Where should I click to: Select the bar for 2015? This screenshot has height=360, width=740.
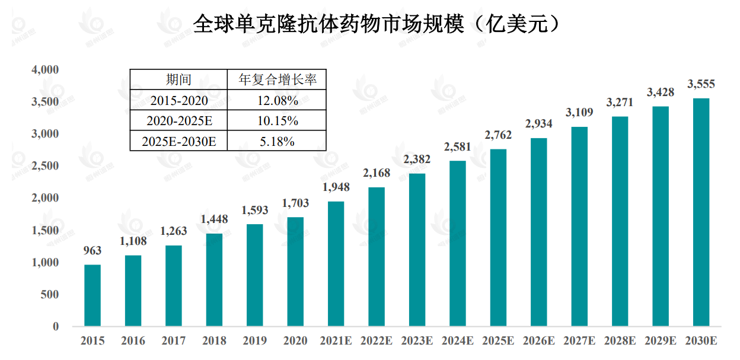92,295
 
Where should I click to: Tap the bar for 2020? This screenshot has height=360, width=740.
295,272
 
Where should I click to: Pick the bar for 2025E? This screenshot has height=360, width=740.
498,237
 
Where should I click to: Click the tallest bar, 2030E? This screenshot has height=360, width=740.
701,212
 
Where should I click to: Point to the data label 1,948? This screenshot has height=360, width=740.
336,187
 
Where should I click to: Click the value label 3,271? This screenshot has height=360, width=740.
620,102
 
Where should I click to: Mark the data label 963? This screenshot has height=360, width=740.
92,250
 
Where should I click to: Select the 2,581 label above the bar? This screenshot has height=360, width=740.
458,146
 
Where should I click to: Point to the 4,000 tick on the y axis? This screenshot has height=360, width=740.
45,70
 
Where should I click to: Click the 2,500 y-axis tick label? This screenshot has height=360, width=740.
45,166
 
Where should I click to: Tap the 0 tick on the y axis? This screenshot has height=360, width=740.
55,326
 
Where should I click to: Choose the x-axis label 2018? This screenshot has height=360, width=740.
214,341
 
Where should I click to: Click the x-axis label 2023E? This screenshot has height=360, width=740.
417,341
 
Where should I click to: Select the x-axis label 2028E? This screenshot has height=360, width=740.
620,341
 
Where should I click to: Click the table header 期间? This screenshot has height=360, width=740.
178,79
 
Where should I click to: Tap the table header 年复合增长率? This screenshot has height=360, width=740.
277,79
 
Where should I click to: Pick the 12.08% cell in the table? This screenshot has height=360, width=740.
277,100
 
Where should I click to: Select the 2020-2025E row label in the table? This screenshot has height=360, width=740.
178,121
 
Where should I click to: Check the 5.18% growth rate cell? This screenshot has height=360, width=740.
277,141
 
